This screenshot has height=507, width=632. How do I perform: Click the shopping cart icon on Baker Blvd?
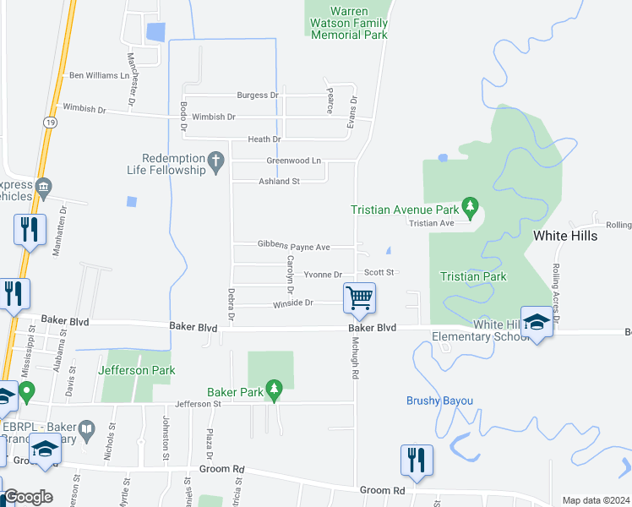pos(359,297)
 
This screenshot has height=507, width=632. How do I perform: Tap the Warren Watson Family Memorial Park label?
pos(349,24)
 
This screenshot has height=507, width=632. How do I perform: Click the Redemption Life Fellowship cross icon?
pos(215,159)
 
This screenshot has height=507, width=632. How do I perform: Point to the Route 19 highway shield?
pos(52,123)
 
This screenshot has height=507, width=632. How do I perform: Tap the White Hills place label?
pos(564,236)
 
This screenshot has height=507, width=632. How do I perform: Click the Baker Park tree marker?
pos(273,389)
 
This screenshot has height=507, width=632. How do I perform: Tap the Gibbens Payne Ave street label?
pos(293,246)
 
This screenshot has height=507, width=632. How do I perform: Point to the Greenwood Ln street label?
pos(293,161)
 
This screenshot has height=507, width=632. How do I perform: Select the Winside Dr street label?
pos(292,303)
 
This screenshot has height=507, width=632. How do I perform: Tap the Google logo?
pos(27,497)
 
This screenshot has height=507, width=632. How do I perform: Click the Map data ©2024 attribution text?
pos(595,500)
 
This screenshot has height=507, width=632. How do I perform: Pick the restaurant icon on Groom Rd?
pos(417,461)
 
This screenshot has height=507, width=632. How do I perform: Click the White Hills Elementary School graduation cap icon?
pos(537,322)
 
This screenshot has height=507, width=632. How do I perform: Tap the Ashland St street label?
pos(279,182)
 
